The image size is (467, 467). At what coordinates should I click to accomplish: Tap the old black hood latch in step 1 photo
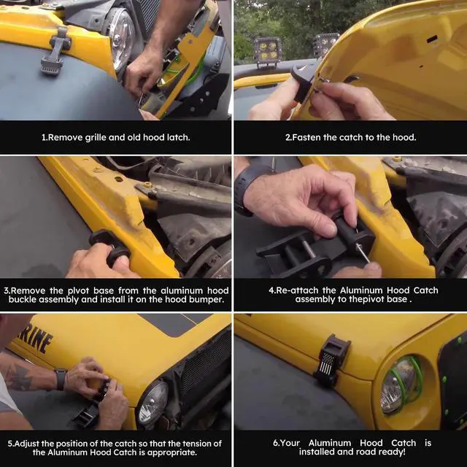click(56, 50)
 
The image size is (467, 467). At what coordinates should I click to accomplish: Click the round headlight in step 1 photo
click(121, 38)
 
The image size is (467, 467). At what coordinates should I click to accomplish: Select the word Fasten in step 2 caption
click(306, 137)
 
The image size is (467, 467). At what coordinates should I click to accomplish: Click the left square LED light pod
click(268, 50)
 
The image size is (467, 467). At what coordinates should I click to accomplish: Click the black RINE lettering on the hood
click(35, 339)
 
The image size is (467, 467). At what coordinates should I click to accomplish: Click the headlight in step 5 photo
click(154, 402)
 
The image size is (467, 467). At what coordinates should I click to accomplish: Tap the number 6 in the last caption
click(275, 443)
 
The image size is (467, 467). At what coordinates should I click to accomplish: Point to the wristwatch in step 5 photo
click(61, 379)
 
